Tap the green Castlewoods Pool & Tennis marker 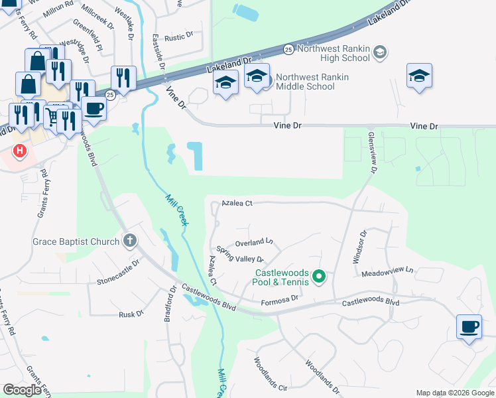click(x=318, y=276)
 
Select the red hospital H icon click(x=21, y=151)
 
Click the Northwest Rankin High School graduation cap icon click(x=380, y=52)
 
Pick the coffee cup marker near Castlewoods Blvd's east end click(x=469, y=326)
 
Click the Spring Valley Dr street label click(x=240, y=255)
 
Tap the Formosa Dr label click(x=282, y=299)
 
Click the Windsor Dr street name click(x=359, y=247)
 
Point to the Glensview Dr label click(x=372, y=152)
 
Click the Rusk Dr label click(x=131, y=314)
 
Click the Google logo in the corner click(x=22, y=390)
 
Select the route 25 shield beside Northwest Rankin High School click(x=288, y=49)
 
